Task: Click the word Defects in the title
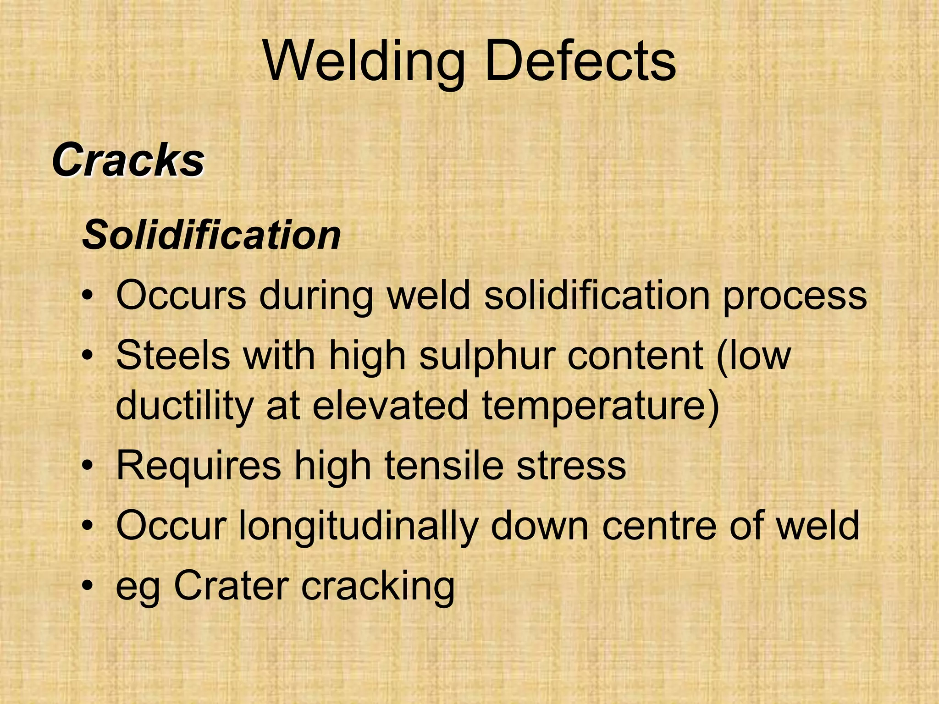coord(580,61)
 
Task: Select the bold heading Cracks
coord(128,160)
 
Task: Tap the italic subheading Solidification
coord(211,235)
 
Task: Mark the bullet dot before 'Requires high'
coord(88,466)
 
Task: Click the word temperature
coord(600,406)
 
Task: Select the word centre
coord(658,526)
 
